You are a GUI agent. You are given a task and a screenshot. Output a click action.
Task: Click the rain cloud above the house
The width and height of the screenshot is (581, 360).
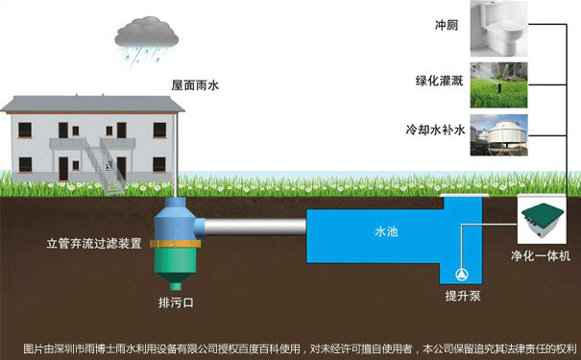tap(146, 36)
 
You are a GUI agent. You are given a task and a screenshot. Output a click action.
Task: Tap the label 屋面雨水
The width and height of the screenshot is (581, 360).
tap(195, 86)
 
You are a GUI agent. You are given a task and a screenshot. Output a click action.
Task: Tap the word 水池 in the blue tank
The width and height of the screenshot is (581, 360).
tap(386, 232)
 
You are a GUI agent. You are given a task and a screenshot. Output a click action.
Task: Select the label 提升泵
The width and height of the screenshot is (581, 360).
tap(462, 298)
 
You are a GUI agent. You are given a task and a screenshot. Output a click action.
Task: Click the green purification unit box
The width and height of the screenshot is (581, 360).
tap(544, 222)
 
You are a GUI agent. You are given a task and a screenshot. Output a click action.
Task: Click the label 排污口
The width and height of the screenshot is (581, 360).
tap(176, 303)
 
